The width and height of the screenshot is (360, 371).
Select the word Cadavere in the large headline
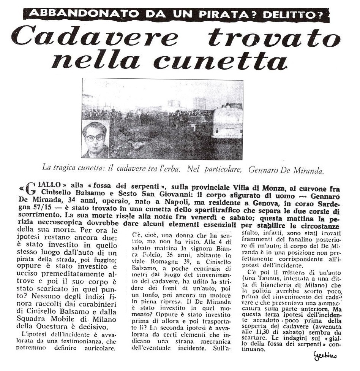tap(95, 38)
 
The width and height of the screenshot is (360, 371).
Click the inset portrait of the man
tap(95, 139)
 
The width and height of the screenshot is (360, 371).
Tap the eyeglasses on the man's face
tap(95, 137)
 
